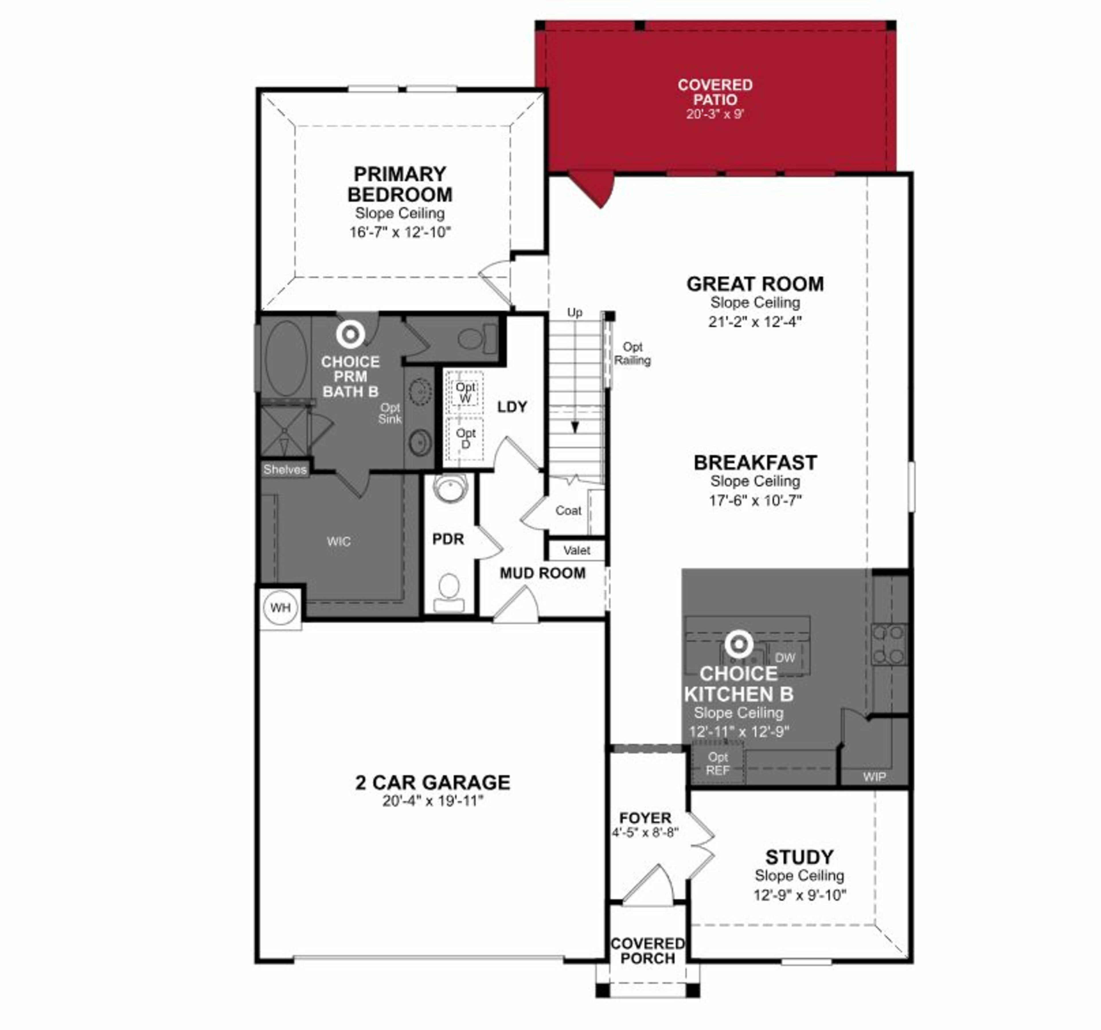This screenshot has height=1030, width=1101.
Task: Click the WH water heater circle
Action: click(280, 608)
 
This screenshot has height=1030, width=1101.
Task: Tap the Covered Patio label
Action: click(715, 93)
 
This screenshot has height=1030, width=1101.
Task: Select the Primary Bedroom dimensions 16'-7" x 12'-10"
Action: click(400, 232)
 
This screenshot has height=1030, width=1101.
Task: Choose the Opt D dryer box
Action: click(465, 438)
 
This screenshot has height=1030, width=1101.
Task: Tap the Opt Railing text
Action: click(632, 353)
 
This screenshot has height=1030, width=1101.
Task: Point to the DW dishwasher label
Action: click(785, 657)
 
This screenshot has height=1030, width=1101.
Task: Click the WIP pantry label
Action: click(874, 777)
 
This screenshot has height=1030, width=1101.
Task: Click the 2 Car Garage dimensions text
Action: click(433, 801)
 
